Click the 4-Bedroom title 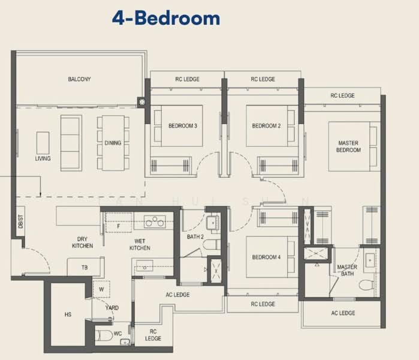pos(166,18)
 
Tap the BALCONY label pos(79,79)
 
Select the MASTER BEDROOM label pos(348,146)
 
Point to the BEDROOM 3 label pos(183,126)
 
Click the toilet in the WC pos(104,335)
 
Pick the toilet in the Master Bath pos(366,285)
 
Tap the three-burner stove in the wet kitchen pos(155,222)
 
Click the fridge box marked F pos(119,223)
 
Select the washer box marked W pos(101,289)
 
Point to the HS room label pos(68,314)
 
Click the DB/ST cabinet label pos(20,221)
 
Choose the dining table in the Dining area pos(113,143)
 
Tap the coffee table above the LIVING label pos(43,143)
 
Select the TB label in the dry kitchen pos(85,268)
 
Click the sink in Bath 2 pos(213,223)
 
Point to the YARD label pos(112,308)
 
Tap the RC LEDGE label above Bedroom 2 pos(263,79)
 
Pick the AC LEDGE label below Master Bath pos(343,313)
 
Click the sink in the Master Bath pos(370,260)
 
